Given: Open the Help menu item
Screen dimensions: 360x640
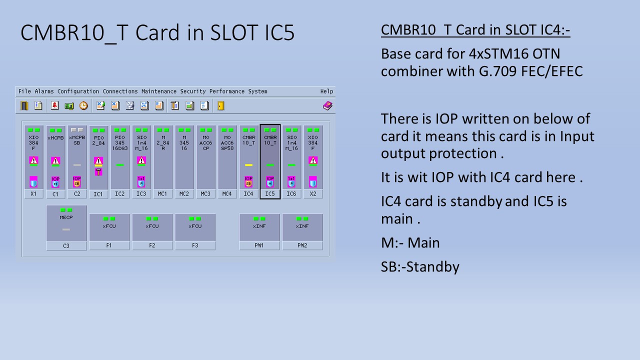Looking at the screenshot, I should (x=326, y=91).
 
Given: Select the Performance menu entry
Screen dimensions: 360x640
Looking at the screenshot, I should (x=227, y=91).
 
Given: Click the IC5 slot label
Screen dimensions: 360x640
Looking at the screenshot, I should (x=270, y=194).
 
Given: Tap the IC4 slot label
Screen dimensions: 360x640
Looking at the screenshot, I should (x=248, y=194).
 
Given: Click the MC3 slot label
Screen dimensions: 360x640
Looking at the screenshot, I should (x=205, y=194).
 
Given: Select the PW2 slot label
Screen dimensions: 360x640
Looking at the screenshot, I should (x=302, y=245).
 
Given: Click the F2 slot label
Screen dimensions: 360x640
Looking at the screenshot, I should (x=152, y=245).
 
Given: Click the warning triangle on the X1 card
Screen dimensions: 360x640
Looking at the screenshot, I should (x=34, y=160).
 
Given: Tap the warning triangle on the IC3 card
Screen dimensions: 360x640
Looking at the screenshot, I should (x=141, y=160).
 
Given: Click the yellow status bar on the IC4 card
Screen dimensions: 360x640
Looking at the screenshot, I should (x=248, y=165).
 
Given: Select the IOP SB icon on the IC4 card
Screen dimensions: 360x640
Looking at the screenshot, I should (x=248, y=182).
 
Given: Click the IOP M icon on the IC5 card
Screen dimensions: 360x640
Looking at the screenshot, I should (x=270, y=182).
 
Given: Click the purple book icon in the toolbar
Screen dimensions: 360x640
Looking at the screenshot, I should (x=327, y=105).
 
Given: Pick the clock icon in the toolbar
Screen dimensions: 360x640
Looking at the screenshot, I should (x=83, y=105).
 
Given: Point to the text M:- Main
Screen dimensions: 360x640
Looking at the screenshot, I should (x=410, y=243).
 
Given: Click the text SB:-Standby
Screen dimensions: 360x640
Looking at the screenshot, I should (x=419, y=266).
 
